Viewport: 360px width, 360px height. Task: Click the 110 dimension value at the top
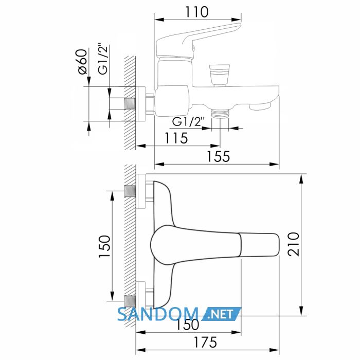point(197,12)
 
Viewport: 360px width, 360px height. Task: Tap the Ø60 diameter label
point(82,62)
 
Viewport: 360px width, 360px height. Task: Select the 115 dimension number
point(176,138)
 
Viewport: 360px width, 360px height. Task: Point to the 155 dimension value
point(219,156)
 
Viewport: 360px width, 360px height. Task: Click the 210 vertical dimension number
point(294,244)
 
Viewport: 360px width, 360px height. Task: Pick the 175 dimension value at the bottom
point(205,343)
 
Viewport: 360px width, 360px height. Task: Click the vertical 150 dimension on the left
point(105,246)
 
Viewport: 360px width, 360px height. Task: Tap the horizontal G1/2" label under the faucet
point(188,122)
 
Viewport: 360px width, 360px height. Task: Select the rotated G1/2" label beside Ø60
point(103,59)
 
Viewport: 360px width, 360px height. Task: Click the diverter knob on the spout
point(220,75)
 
